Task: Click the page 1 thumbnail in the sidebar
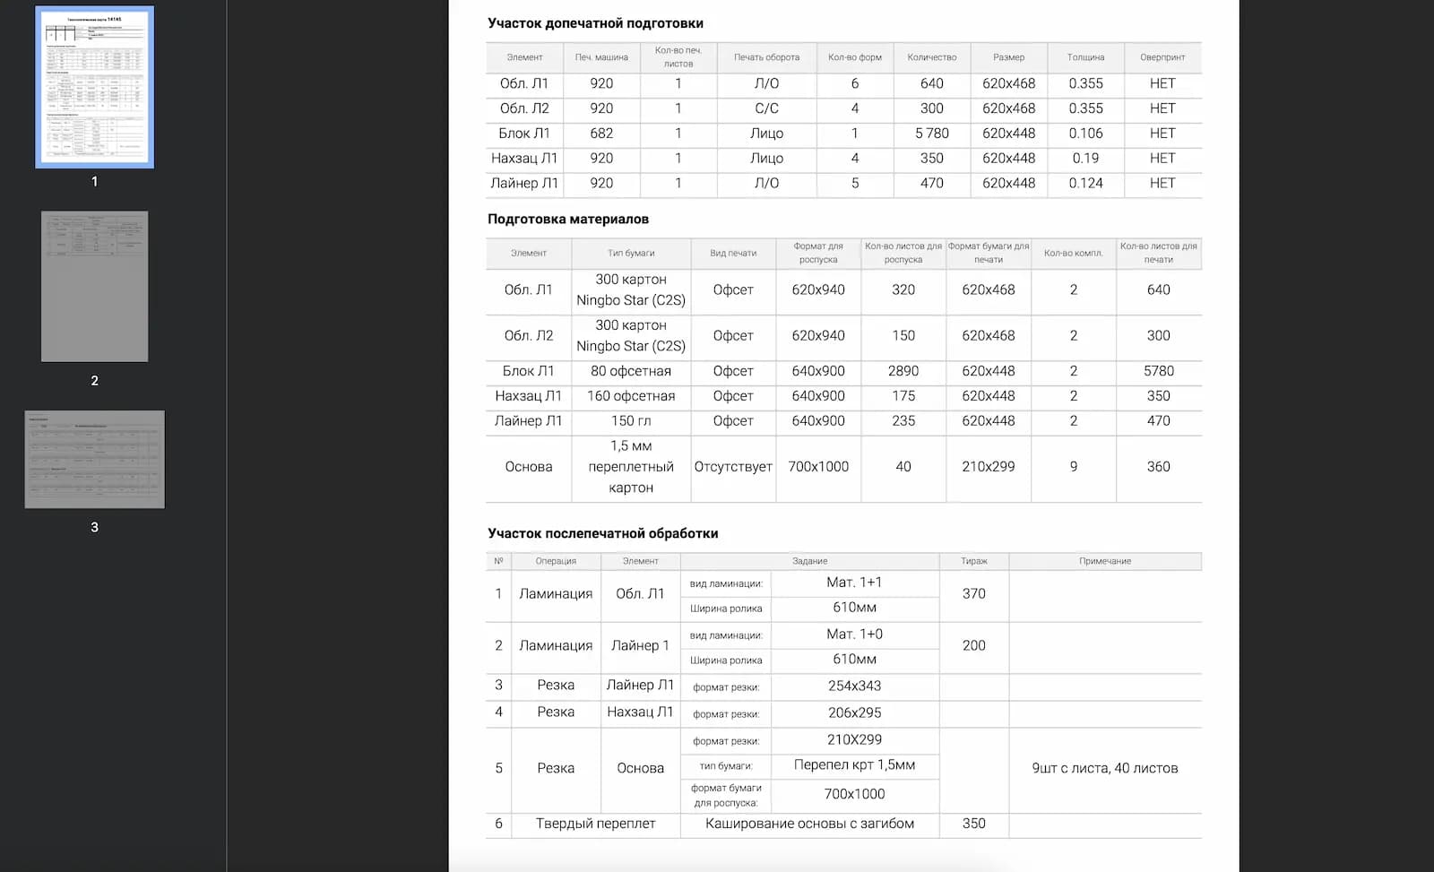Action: [94, 87]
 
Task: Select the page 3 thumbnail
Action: [94, 459]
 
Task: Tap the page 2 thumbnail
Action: [94, 286]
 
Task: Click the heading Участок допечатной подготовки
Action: [595, 23]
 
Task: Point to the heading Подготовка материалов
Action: [568, 219]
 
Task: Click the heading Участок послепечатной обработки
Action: [602, 533]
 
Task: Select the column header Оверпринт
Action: [1162, 57]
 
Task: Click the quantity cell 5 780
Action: [931, 134]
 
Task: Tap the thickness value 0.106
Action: [1085, 134]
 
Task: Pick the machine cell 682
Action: [601, 134]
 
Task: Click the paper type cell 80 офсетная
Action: [631, 371]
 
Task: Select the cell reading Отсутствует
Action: [733, 467]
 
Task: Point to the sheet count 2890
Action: [903, 371]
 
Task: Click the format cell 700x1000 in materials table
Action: [818, 467]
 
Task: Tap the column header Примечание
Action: [1105, 561]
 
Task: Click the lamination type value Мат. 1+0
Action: [854, 635]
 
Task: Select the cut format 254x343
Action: [854, 686]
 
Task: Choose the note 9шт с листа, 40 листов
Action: [1105, 768]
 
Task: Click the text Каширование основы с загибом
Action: [809, 824]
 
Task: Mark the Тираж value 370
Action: [973, 593]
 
